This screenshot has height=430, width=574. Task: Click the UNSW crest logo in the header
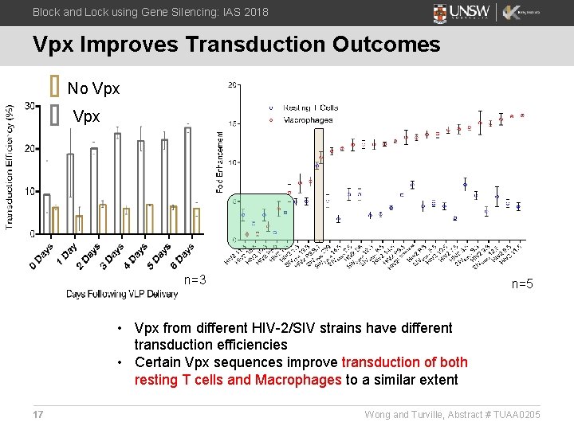tap(440, 13)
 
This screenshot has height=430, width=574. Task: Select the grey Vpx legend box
tap(54, 115)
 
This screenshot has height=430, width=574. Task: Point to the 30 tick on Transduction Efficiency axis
tap(29, 106)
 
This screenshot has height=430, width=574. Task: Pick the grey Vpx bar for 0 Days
tap(46, 214)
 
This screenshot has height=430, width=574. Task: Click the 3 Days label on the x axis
tap(112, 256)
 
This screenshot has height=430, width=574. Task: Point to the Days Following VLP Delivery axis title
tap(122, 294)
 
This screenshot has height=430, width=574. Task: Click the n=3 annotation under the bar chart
tap(195, 279)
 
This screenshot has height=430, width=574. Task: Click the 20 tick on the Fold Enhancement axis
tap(231, 85)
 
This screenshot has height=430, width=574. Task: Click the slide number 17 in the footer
tap(38, 414)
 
